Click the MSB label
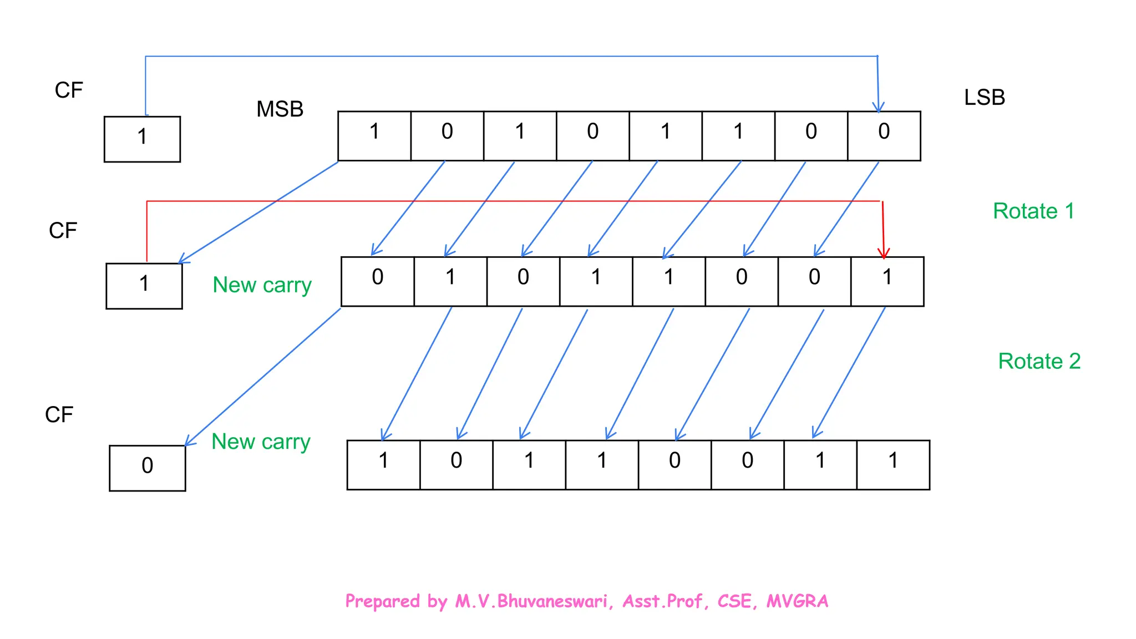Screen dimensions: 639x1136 coord(280,109)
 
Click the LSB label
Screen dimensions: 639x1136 coord(984,98)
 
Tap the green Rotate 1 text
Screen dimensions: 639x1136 coord(1033,211)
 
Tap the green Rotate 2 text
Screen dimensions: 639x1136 coord(1039,362)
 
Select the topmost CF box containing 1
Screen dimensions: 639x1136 coord(142,139)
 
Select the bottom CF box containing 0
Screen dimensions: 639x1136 coord(147,468)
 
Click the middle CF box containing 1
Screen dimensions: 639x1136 coord(144,286)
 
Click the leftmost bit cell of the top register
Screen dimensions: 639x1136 coord(374,136)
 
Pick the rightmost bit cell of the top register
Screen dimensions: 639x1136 coord(884,136)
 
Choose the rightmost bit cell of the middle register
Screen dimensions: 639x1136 coord(887,281)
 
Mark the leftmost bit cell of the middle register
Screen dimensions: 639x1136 coord(378,281)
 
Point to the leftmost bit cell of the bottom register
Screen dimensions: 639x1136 coord(383,465)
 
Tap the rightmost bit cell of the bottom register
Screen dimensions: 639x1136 coord(893,465)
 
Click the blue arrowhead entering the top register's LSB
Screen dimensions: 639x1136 coord(878,107)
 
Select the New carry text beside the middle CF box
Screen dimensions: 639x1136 coord(262,285)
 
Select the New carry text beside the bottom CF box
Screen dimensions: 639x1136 coord(261,442)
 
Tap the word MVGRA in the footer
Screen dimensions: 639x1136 coord(797,601)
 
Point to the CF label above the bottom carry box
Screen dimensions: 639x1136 coord(59,415)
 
